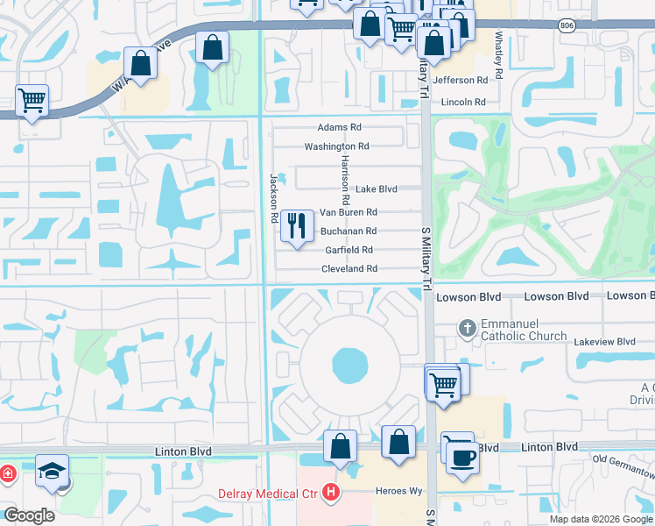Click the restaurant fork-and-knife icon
297,226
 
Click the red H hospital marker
329,493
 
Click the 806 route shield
567,25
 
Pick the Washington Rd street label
336,146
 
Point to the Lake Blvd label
376,188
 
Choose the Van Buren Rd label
348,212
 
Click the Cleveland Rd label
349,268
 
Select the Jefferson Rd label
459,80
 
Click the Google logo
29,515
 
